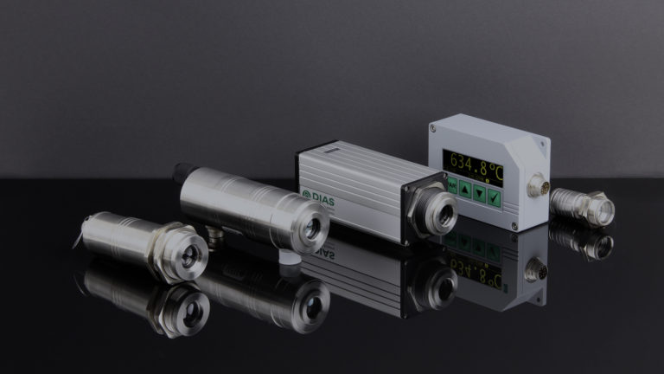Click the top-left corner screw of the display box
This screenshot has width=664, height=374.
433,128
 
